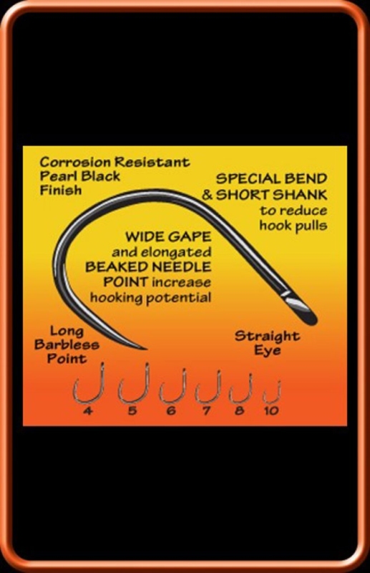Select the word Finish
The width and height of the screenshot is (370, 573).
(x=61, y=190)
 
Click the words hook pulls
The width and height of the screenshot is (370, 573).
(x=293, y=225)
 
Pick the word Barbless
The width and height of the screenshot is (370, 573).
(x=67, y=345)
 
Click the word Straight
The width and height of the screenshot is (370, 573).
(x=267, y=336)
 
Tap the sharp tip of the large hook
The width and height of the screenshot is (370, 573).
(x=146, y=349)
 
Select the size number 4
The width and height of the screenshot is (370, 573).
(x=87, y=410)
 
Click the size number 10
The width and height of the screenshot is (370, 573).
(x=271, y=410)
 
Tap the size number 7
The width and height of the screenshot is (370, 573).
(x=206, y=410)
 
